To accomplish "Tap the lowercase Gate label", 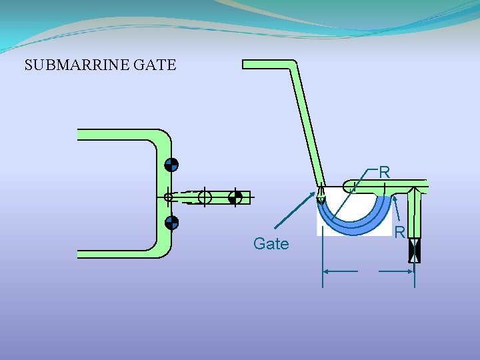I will click(x=271, y=244).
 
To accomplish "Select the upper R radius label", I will click(x=384, y=172).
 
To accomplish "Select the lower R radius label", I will click(x=399, y=233).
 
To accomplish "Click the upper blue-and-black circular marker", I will click(x=171, y=165).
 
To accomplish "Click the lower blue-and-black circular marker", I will click(x=171, y=223).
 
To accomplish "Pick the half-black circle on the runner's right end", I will click(x=234, y=197).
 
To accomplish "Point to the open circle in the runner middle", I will click(x=205, y=197).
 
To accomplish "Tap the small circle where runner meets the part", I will click(x=168, y=197).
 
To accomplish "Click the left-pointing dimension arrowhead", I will click(x=327, y=271).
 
